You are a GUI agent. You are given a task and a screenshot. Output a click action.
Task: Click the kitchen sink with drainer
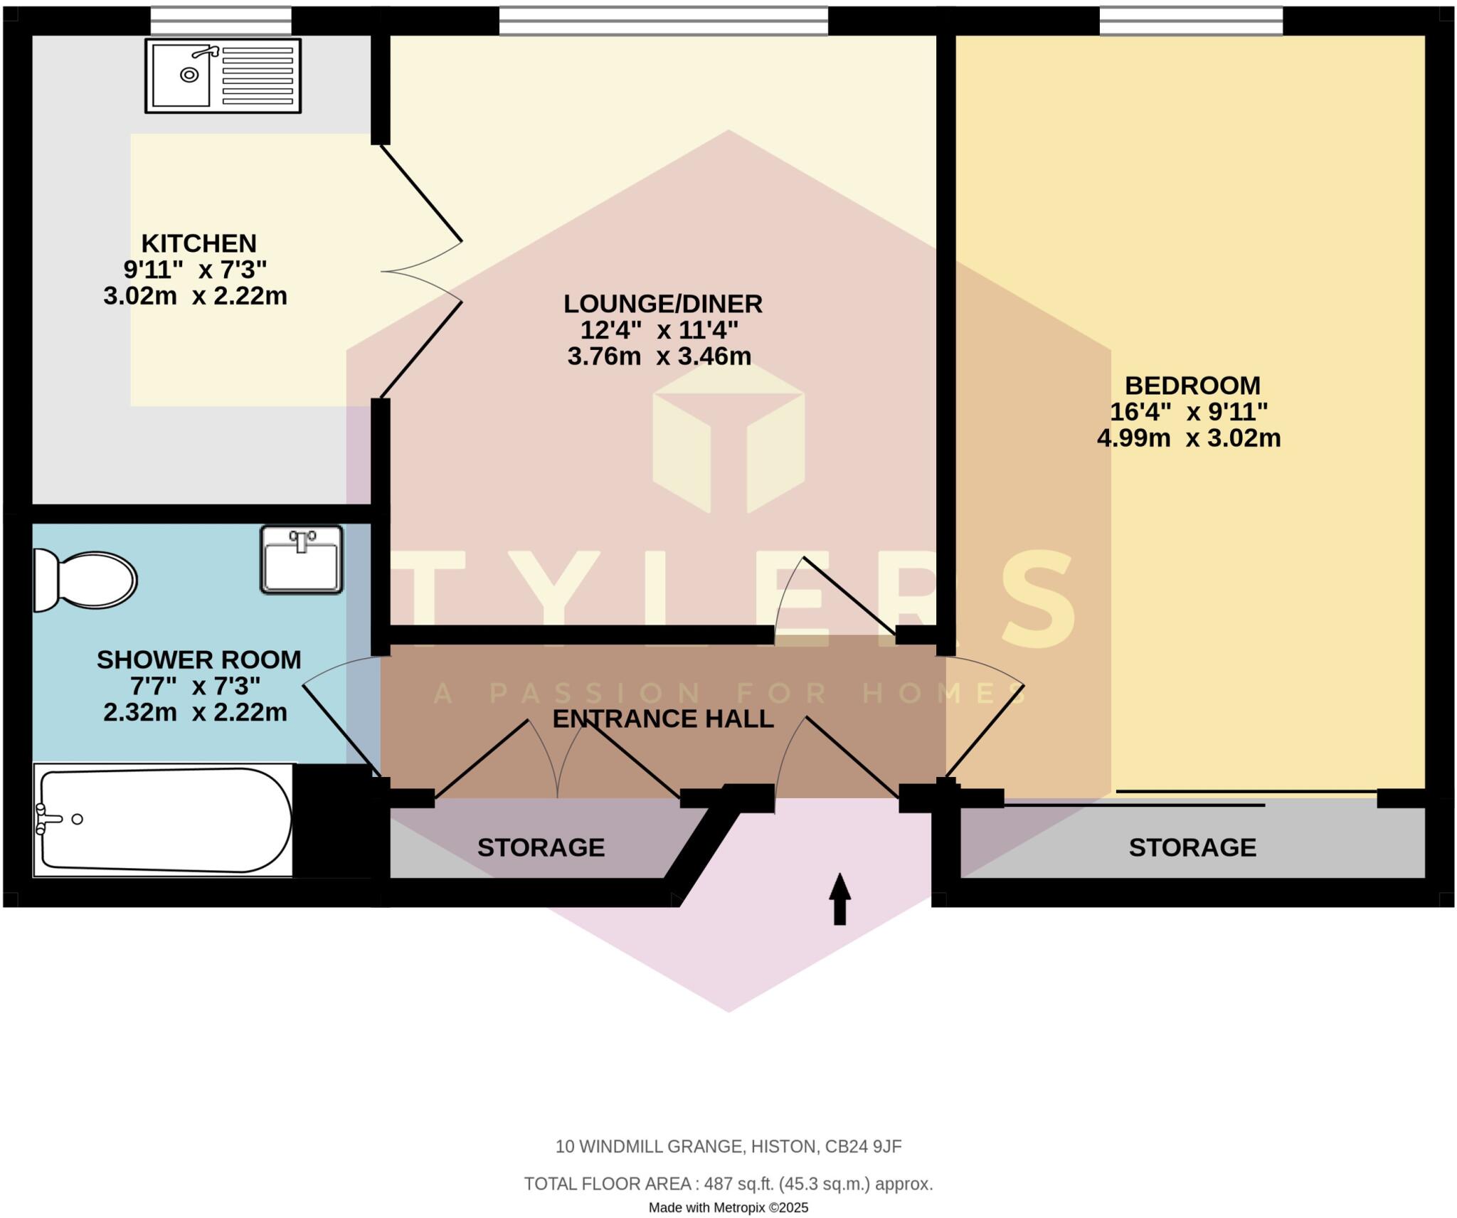(223, 75)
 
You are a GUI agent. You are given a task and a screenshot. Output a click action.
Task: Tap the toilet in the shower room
(85, 581)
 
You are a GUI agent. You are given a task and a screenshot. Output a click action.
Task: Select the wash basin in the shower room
(301, 559)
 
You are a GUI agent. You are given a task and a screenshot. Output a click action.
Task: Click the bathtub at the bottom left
(164, 820)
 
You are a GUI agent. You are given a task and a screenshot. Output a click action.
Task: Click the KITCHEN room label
(198, 243)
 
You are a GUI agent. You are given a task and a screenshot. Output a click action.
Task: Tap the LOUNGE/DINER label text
(662, 304)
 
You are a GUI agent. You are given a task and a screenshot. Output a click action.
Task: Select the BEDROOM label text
(1192, 386)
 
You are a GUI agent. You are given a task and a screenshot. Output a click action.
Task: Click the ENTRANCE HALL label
(662, 719)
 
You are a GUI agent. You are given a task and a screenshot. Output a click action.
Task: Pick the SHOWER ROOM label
(198, 660)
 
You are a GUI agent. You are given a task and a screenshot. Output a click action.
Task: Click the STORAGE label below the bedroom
(1192, 847)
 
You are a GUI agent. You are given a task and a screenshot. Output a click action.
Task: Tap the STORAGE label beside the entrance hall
(541, 847)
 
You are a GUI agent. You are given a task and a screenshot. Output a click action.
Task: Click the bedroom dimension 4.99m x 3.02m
(1188, 438)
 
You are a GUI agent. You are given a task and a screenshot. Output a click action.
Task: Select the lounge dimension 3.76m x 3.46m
(659, 356)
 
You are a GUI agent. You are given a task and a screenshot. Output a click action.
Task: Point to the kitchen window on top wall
(221, 21)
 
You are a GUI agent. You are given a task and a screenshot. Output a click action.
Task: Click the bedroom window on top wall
(1191, 21)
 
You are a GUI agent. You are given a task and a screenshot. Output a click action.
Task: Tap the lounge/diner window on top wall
(663, 21)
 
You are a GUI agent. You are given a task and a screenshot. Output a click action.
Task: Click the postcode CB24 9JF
(863, 1146)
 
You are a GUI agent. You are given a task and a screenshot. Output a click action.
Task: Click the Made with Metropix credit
(728, 1207)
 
